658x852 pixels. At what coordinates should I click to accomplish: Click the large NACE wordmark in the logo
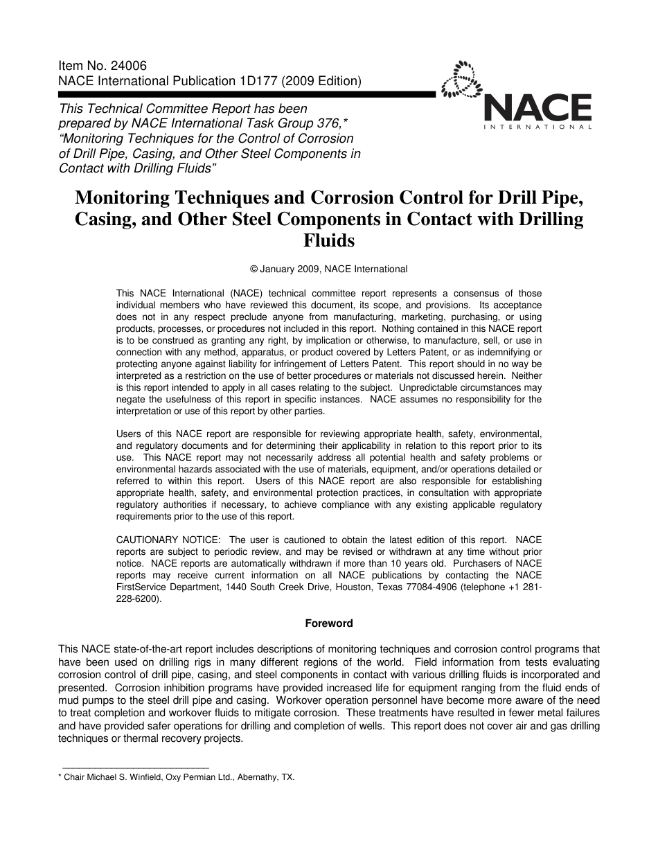pos(537,107)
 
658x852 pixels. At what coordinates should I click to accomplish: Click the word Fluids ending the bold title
pos(329,241)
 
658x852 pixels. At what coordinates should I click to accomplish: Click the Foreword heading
pos(329,623)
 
